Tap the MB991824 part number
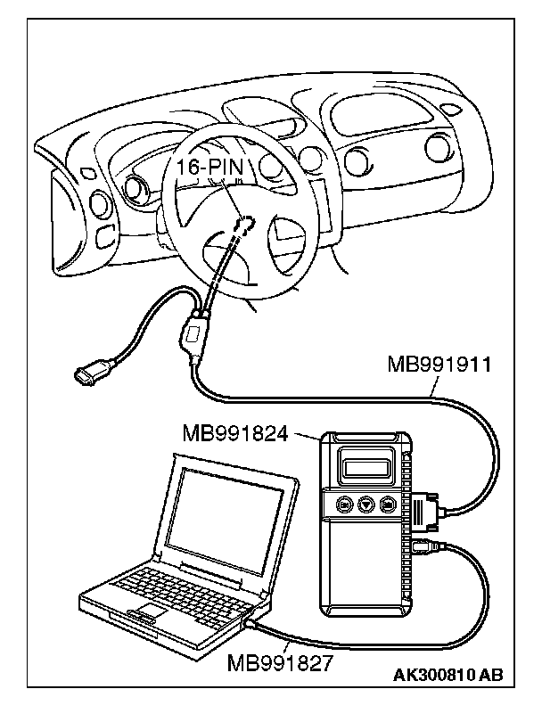tap(235, 434)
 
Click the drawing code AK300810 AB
tap(448, 675)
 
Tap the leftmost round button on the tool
tap(343, 505)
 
